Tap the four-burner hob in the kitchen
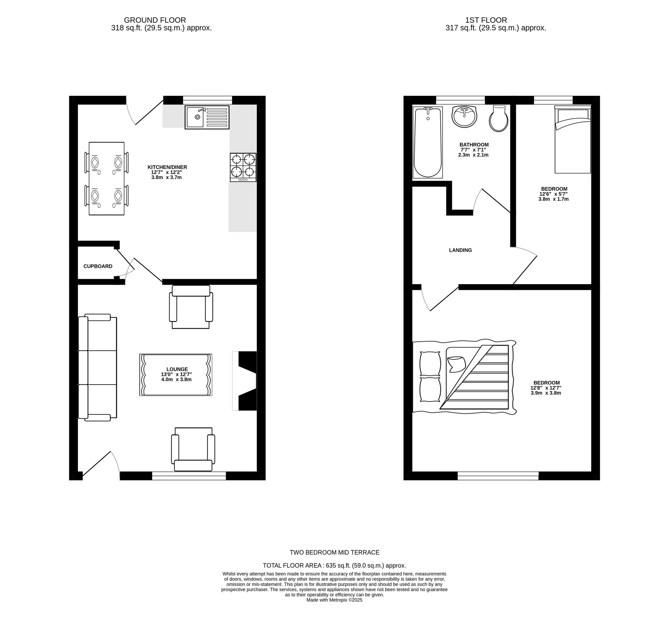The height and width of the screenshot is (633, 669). [x=243, y=167]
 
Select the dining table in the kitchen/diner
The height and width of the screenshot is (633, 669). [x=107, y=178]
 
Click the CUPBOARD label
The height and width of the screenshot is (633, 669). [x=98, y=266]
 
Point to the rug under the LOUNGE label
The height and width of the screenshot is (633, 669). [x=176, y=375]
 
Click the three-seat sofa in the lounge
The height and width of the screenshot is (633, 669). [x=97, y=368]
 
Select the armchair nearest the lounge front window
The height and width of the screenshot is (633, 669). [x=193, y=450]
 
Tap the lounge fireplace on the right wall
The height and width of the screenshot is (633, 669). [x=248, y=381]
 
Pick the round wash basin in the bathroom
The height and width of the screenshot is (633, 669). [x=464, y=117]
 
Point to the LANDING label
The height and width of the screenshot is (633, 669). [x=460, y=250]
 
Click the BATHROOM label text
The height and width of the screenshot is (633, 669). [x=474, y=144]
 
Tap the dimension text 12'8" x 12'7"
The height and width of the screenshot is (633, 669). [x=546, y=388]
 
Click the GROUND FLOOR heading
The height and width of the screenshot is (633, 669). [x=155, y=20]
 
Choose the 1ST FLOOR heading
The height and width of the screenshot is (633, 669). [x=486, y=20]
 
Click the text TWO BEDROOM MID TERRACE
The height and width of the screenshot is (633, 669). [x=334, y=552]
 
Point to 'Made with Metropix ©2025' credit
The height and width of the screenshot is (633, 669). [x=334, y=600]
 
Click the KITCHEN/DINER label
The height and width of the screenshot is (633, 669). [x=167, y=167]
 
